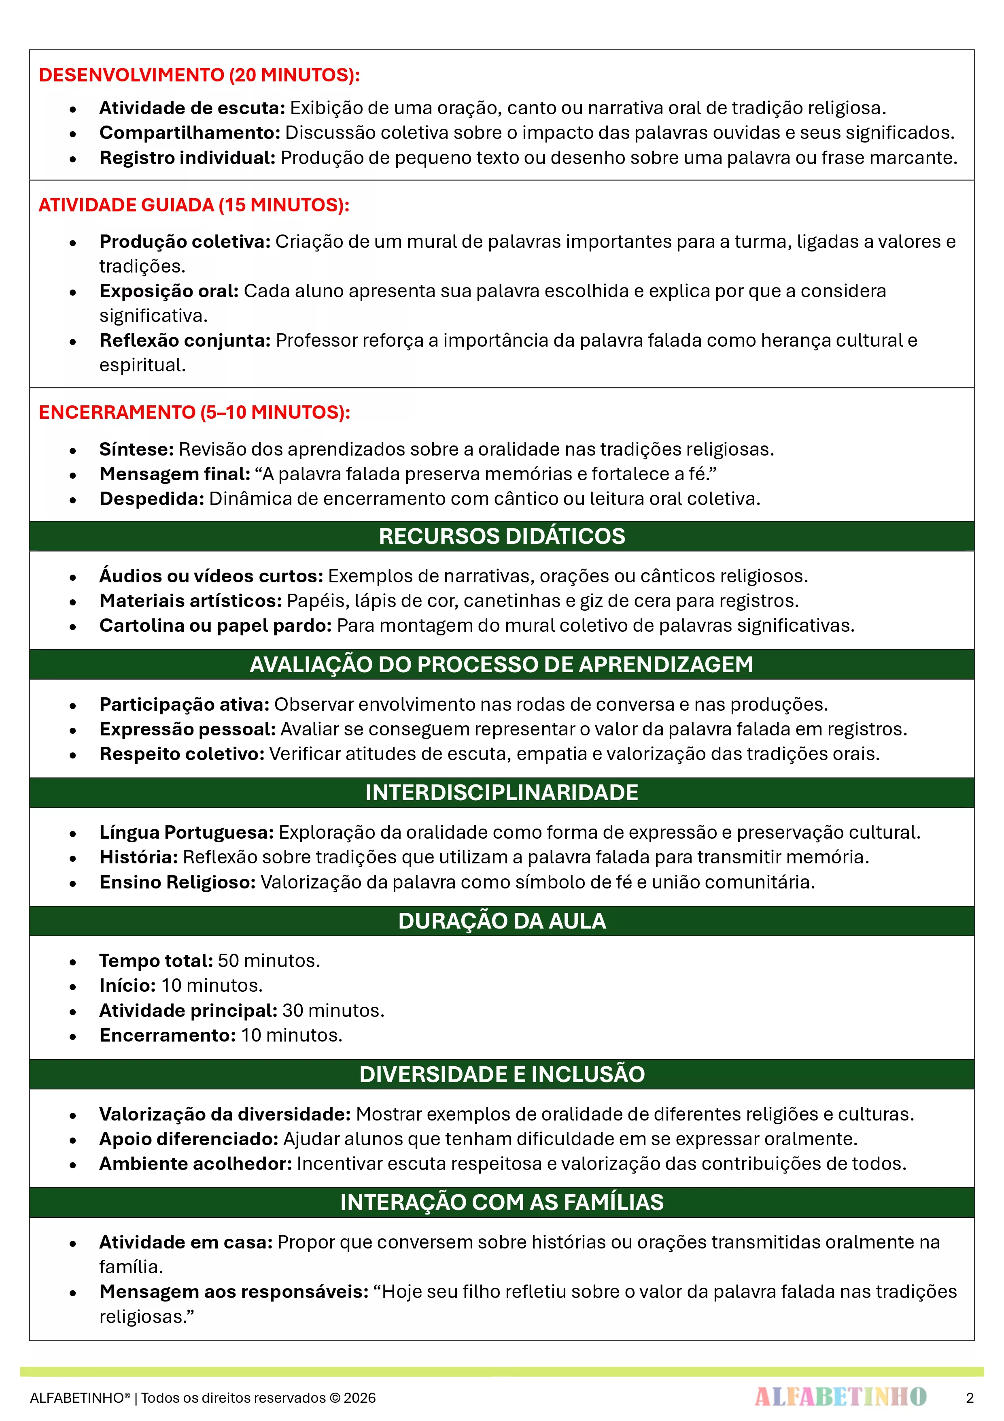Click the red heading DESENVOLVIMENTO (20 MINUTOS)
click(199, 75)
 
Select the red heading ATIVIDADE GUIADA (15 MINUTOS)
click(193, 205)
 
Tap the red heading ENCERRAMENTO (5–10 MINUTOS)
click(194, 412)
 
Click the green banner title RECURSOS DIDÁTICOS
click(502, 536)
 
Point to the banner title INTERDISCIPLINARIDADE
click(502, 793)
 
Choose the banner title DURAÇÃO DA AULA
click(502, 921)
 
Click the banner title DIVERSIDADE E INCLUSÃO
click(502, 1074)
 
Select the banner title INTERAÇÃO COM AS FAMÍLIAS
click(502, 1203)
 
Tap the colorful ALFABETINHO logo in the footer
click(840, 1397)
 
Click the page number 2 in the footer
click(969, 1398)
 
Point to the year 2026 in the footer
click(359, 1398)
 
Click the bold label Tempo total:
click(156, 961)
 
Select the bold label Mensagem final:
click(174, 474)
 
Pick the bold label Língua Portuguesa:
click(186, 833)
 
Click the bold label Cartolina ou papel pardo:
click(216, 626)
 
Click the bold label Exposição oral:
click(169, 291)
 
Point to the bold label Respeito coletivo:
click(182, 754)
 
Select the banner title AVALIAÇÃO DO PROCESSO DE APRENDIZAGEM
click(502, 665)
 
